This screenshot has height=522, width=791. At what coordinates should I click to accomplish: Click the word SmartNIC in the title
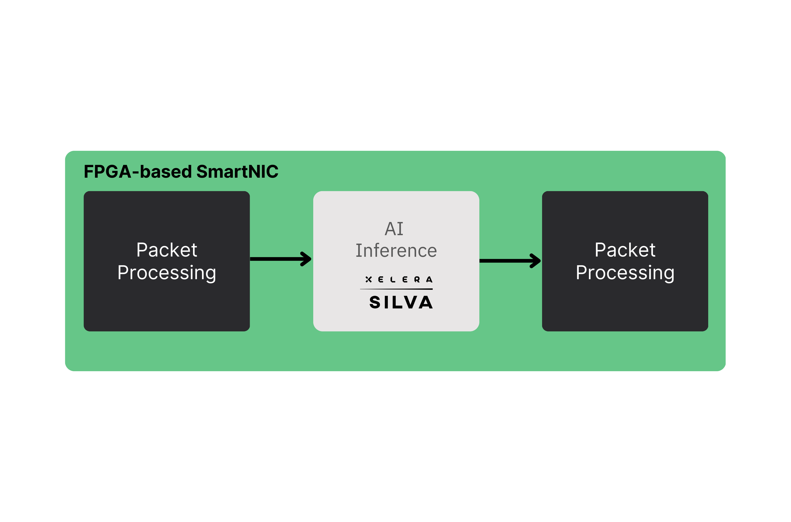(x=237, y=172)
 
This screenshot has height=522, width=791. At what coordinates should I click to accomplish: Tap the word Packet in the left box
(x=167, y=250)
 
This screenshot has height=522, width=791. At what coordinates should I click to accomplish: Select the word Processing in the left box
(x=167, y=273)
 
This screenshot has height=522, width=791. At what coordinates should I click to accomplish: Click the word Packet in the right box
(x=625, y=250)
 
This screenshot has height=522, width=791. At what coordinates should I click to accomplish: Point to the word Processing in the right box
(x=625, y=273)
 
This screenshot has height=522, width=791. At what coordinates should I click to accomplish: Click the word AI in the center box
(x=394, y=229)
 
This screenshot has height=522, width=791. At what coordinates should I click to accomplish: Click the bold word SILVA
(x=401, y=302)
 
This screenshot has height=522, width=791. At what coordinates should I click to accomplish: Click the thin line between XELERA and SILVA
(x=396, y=289)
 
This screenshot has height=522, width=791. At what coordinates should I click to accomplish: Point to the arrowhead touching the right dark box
(x=535, y=261)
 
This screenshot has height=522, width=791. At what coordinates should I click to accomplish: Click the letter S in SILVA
(x=375, y=302)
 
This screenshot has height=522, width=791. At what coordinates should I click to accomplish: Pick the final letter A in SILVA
(x=426, y=302)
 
